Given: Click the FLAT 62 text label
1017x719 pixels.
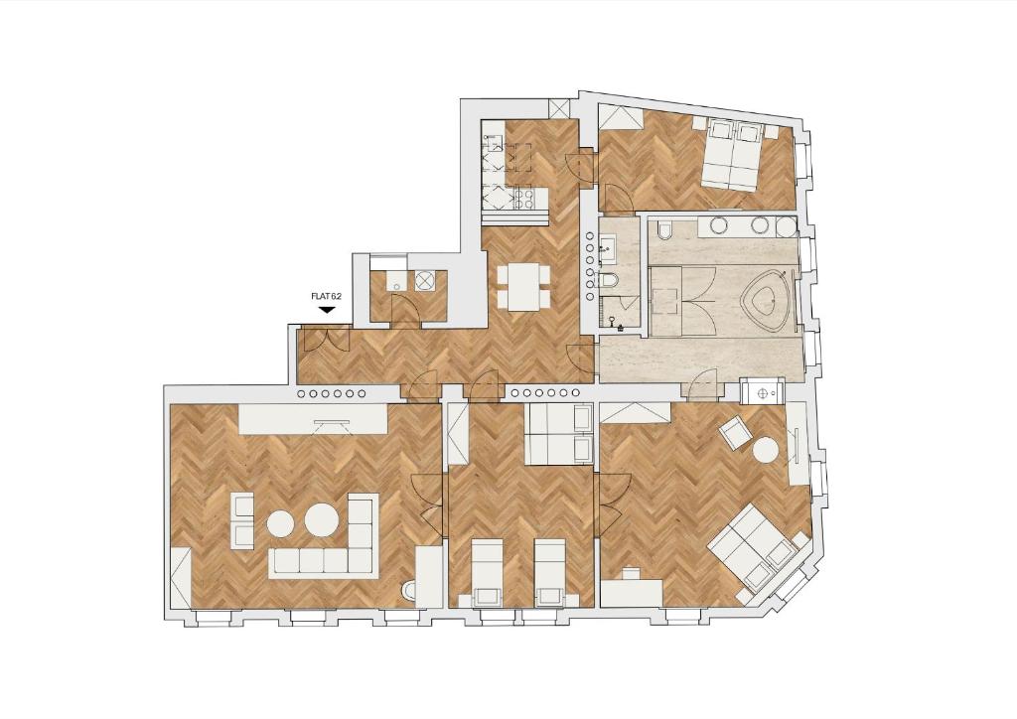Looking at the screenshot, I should tap(326, 296).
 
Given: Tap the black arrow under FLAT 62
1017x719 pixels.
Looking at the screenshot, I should tap(327, 310).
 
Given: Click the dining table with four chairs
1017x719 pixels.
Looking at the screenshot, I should tap(522, 287).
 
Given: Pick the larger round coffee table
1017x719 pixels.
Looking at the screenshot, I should tap(322, 519).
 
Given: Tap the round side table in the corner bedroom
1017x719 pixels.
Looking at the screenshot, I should tap(766, 450).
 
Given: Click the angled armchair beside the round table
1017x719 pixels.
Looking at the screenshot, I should tap(736, 432).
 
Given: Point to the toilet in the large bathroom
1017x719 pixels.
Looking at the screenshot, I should tap(665, 232).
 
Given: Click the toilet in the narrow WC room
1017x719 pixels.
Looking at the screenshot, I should tap(609, 281).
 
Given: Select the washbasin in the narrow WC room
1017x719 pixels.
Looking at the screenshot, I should tap(608, 246).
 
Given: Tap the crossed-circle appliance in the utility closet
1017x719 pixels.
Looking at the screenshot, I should tap(426, 280).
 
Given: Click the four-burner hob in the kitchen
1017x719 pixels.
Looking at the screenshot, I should tap(531, 200).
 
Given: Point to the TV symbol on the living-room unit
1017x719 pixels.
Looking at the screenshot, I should tap(332, 423).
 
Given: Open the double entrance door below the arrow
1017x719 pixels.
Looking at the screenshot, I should tap(326, 341).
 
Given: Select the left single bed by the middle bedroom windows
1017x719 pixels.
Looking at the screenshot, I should tap(487, 573).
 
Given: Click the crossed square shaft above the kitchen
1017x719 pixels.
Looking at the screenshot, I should tap(560, 109).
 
